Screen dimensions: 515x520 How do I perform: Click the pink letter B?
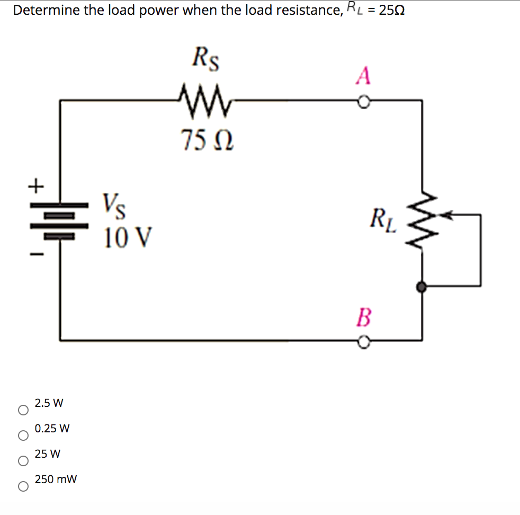[x=363, y=318]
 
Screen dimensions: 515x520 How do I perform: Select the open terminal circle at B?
[x=363, y=343]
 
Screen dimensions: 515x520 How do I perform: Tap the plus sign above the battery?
[x=35, y=186]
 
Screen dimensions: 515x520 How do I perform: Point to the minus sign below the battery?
[x=35, y=255]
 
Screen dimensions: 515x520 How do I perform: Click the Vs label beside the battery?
[x=114, y=205]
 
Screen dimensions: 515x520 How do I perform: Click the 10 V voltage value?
[x=128, y=236]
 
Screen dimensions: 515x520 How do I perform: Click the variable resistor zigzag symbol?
[x=422, y=217]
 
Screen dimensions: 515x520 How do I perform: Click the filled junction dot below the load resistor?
[x=422, y=287]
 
